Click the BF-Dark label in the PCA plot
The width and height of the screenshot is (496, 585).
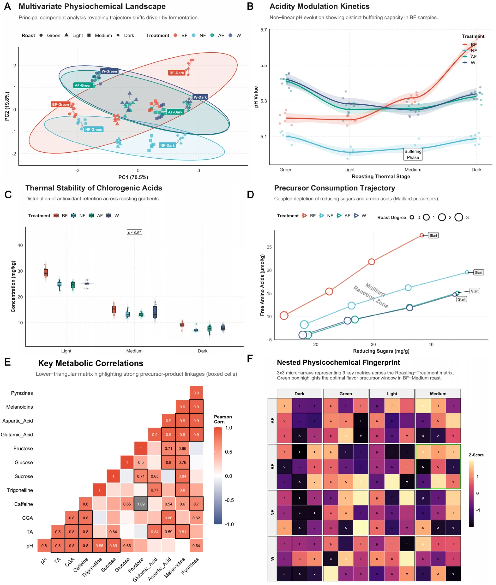(x=177, y=73)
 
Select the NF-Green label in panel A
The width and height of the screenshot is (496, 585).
(x=94, y=129)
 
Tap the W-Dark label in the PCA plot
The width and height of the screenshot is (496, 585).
(x=200, y=97)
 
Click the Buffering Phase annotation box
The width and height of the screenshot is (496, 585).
(x=413, y=154)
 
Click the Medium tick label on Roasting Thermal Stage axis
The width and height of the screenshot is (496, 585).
(x=413, y=170)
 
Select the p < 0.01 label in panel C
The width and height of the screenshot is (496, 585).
(x=134, y=232)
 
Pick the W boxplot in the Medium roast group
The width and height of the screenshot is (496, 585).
(x=155, y=312)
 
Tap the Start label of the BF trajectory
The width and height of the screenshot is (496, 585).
(x=433, y=235)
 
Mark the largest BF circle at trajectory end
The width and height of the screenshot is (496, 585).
(x=284, y=315)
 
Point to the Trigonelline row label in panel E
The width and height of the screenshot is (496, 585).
(x=20, y=490)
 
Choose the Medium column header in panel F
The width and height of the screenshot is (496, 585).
(x=438, y=393)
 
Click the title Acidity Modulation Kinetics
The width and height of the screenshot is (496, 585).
(x=319, y=7)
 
